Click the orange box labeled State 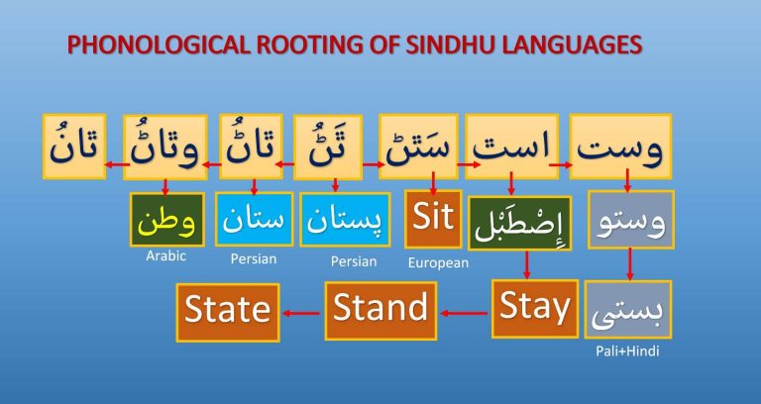pos(228,312)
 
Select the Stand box pos(380,310)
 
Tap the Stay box pos(535,309)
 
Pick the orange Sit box pos(433,219)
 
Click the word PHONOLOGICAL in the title pos(159,46)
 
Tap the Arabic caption pos(166,255)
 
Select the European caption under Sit pos(438,262)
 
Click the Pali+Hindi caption pos(627,352)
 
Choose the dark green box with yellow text pos(166,220)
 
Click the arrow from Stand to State pos(302,313)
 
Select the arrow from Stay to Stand pos(465,313)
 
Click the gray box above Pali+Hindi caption pos(628,309)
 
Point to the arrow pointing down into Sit pos(433,183)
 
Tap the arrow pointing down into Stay pos(527,264)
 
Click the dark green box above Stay pos(520,223)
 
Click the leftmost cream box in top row pos(74,147)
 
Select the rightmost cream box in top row pos(620,147)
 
